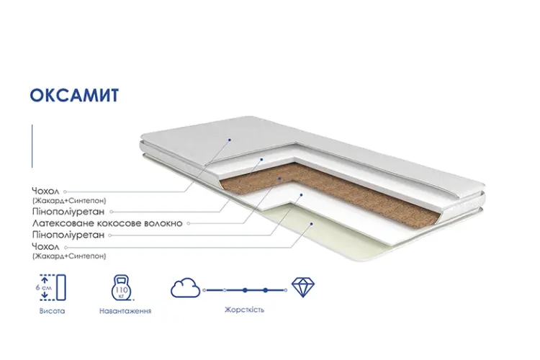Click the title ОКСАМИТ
coord(74,96)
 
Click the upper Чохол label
coord(45,191)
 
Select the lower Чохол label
coord(45,247)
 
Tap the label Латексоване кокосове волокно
coord(107,223)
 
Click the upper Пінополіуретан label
coord(68,211)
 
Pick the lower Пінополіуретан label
coord(68,235)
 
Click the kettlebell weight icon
coord(122,288)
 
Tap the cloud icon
coord(186,288)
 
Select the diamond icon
coord(302,287)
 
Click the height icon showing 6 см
coord(52,287)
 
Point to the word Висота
coord(52,311)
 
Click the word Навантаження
coord(125,311)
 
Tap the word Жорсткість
coord(245,310)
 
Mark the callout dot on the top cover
coord(230,140)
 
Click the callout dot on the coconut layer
coord(279,179)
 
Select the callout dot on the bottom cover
coord(311,224)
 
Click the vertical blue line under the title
coord(32,146)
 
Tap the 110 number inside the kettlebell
coord(121,289)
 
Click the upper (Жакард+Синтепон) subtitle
coord(69,200)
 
